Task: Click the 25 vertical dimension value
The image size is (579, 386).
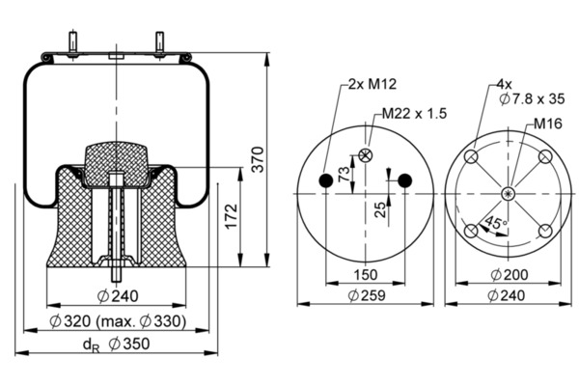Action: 381,207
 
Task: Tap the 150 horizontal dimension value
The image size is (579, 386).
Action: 365,275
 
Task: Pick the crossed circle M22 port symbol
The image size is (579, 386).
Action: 365,156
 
